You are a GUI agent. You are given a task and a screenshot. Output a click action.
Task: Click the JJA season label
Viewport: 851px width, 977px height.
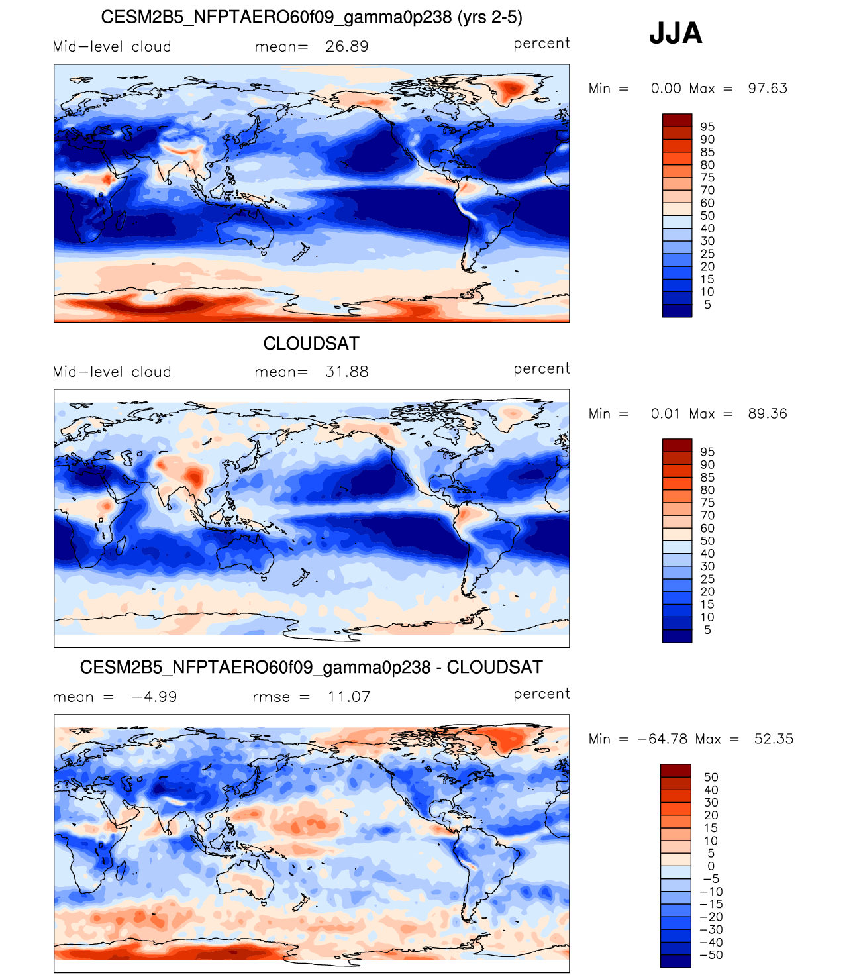tap(675, 33)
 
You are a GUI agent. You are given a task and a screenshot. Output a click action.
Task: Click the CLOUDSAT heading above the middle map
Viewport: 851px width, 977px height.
tap(311, 343)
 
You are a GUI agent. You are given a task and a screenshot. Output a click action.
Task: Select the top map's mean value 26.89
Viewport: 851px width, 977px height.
tap(347, 46)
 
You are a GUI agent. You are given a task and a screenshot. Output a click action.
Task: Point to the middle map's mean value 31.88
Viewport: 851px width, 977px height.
tap(347, 372)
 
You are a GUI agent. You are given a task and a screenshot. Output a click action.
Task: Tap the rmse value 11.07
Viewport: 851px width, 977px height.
tap(349, 697)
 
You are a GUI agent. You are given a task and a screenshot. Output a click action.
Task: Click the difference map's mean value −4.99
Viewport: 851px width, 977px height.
tap(154, 697)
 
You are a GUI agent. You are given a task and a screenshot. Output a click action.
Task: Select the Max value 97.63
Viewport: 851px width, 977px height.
tap(768, 88)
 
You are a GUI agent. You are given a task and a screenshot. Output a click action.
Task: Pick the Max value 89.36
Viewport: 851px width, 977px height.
tap(768, 413)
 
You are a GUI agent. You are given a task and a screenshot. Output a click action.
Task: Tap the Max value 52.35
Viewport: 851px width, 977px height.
tap(774, 739)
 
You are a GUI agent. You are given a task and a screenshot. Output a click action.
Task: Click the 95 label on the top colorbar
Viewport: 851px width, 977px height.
tap(707, 127)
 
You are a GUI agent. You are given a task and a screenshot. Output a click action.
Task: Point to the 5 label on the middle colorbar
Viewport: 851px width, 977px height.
tap(707, 630)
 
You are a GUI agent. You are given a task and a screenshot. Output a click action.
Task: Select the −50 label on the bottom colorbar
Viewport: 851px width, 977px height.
tap(711, 954)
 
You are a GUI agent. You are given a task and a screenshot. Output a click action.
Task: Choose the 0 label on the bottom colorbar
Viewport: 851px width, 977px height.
tap(711, 866)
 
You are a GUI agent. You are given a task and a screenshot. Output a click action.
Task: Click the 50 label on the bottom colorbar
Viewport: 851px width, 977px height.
tap(711, 777)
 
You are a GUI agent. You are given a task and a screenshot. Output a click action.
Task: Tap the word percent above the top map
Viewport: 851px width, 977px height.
tap(541, 44)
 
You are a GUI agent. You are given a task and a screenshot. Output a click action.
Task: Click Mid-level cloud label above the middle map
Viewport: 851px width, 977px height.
tap(112, 372)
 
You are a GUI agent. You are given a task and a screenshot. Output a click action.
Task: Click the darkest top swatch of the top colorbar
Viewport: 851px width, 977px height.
tap(677, 120)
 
